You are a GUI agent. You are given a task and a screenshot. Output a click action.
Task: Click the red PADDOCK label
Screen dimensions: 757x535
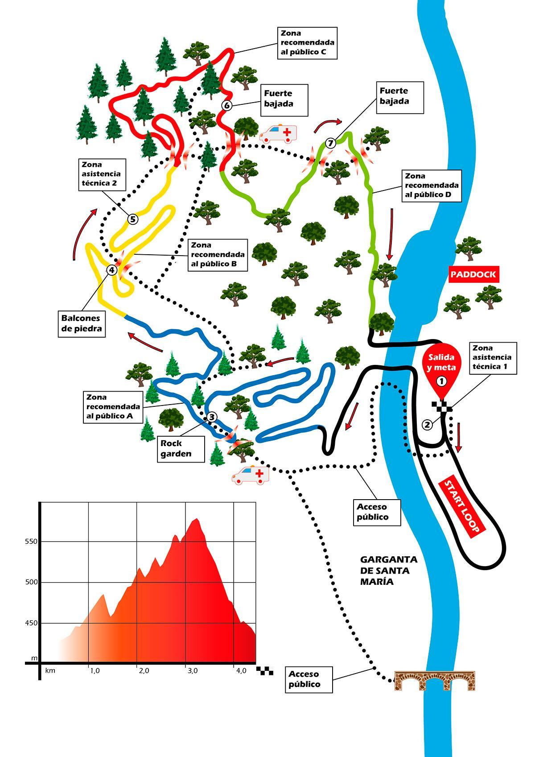pos(473,274)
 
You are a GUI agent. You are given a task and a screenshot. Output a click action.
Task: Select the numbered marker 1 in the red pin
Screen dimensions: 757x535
pos(441,381)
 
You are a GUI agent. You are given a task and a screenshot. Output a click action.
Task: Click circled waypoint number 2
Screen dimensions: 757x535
pos(428,425)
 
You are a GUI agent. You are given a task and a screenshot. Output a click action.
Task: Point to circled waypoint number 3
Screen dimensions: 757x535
pos(212,418)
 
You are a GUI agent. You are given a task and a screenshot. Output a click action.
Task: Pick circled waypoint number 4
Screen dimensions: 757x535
pos(111,269)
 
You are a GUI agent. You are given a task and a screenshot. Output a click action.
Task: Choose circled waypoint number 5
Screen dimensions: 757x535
pos(133,219)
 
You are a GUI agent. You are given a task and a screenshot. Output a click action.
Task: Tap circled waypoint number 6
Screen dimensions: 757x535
pos(226,106)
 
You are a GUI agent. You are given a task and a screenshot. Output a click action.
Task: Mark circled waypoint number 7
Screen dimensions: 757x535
pos(330,143)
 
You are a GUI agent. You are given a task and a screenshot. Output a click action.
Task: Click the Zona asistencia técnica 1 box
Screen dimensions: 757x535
pos(492,358)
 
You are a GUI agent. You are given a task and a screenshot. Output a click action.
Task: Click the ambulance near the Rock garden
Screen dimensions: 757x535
pos(251,476)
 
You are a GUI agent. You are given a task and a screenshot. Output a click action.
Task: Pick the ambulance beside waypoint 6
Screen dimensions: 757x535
pos(279,133)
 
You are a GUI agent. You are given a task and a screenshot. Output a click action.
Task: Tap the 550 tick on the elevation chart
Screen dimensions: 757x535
pos(31,542)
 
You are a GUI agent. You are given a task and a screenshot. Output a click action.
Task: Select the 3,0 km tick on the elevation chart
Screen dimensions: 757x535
pos(192,670)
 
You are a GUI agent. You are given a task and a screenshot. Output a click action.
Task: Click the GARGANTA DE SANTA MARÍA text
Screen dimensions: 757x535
pos(389,571)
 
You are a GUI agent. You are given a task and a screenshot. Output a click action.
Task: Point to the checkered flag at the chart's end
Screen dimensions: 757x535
pos(265,670)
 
